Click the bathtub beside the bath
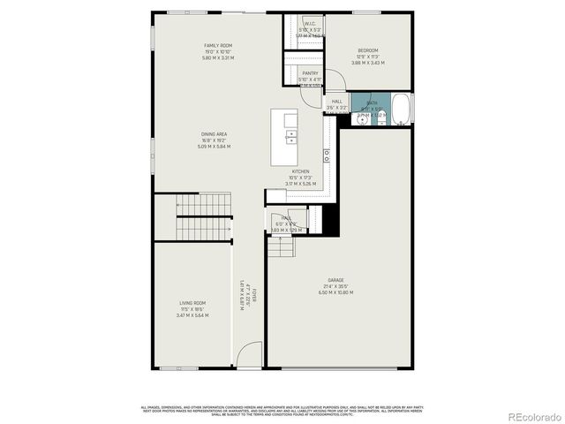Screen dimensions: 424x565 pyautogui.click(x=401, y=109)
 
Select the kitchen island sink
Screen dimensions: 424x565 pyautogui.click(x=290, y=137)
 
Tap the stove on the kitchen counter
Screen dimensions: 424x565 pyautogui.click(x=326, y=154)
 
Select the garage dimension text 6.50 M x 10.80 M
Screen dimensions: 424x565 pyautogui.click(x=340, y=291)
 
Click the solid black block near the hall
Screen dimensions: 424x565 pyautogui.click(x=330, y=217)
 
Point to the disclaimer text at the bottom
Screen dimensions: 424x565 pyautogui.click(x=282, y=409)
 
